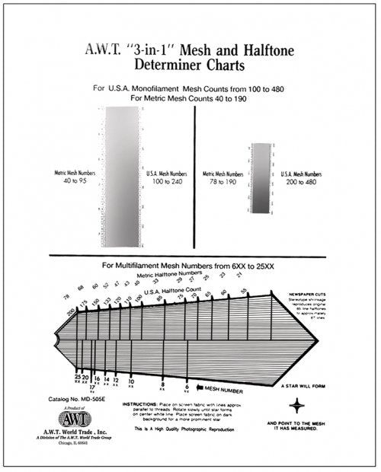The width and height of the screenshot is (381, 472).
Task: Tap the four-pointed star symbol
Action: coord(318,405)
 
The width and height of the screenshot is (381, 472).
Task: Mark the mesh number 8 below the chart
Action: coord(162,385)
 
